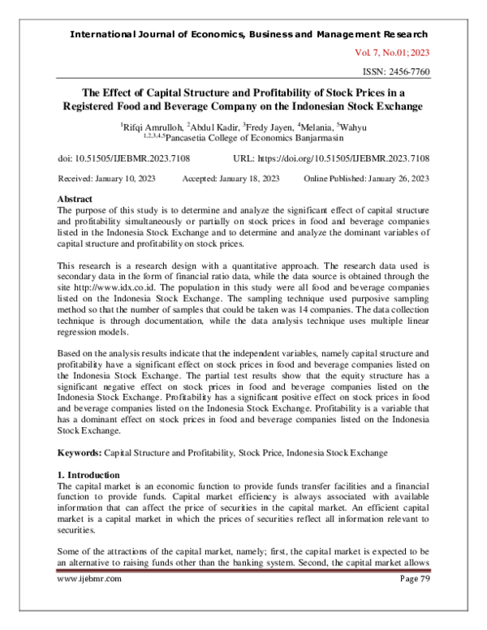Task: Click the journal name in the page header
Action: [250, 35]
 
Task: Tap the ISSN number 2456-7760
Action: [401, 72]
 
